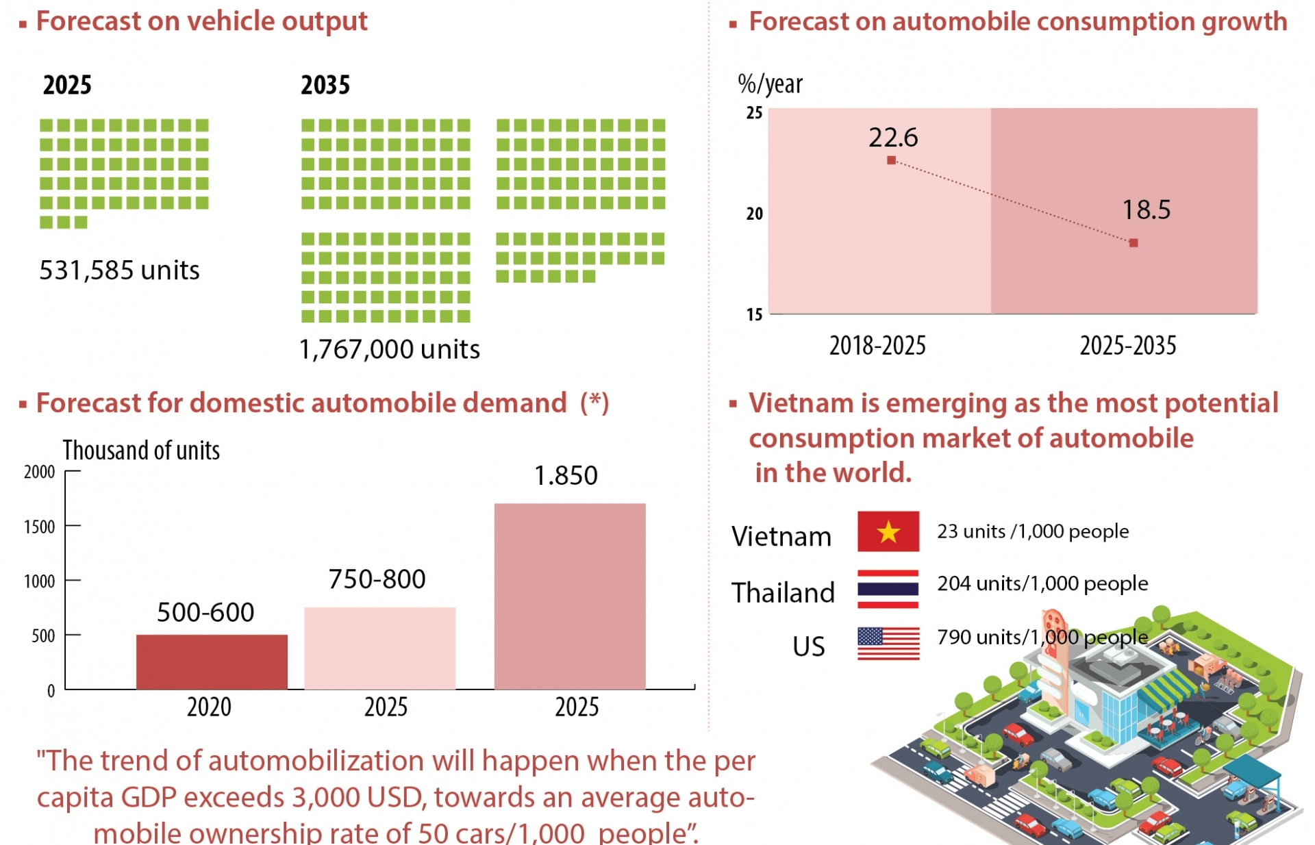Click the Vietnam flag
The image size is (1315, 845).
pyautogui.click(x=888, y=531)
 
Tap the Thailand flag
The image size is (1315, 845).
pyautogui.click(x=888, y=589)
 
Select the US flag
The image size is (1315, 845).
pyautogui.click(x=888, y=644)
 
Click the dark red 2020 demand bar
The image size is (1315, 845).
pyautogui.click(x=212, y=661)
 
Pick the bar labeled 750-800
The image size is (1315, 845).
pyautogui.click(x=379, y=648)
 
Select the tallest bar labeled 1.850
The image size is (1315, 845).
pyautogui.click(x=569, y=596)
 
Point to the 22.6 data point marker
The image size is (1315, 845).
pyautogui.click(x=891, y=160)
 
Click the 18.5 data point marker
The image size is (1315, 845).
pyautogui.click(x=1134, y=243)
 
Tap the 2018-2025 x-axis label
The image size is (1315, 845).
pyautogui.click(x=877, y=346)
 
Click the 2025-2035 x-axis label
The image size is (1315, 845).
pyautogui.click(x=1128, y=346)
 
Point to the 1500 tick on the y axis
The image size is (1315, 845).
pyautogui.click(x=40, y=527)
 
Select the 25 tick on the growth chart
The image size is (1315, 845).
pyautogui.click(x=754, y=113)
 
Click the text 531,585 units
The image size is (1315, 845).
pyautogui.click(x=119, y=270)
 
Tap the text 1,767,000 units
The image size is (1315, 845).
pyautogui.click(x=390, y=349)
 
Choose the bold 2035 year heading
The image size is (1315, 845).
pyautogui.click(x=325, y=86)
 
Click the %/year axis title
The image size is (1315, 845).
pyautogui.click(x=770, y=84)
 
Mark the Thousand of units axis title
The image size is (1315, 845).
pyautogui.click(x=141, y=451)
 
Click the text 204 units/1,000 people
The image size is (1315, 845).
pyautogui.click(x=1042, y=583)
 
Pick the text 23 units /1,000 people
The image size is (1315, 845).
pyautogui.click(x=1033, y=531)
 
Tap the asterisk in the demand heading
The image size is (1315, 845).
pyautogui.click(x=594, y=401)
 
